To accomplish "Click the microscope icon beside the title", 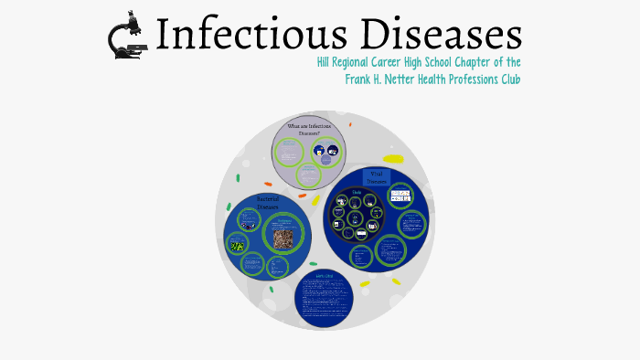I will tap(129, 36).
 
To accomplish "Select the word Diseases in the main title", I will tap(447, 35).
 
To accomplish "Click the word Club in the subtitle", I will tap(508, 79).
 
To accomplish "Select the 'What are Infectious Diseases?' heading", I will tap(309, 129).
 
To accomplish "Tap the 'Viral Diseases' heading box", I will tap(376, 176).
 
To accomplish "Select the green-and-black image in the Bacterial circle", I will tap(238, 245).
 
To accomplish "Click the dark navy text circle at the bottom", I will tap(324, 298).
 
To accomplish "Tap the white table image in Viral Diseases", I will tap(400, 195).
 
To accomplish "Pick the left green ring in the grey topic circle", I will tap(290, 152).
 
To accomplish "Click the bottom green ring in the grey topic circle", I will tap(308, 174).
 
